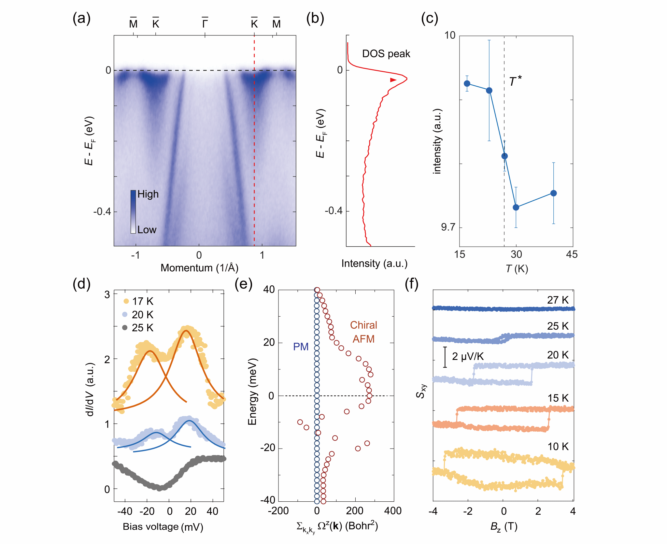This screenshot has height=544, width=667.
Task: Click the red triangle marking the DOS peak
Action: coord(393,80)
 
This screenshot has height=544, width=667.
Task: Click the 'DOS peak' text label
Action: coord(386,54)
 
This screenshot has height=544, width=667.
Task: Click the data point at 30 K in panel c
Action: coord(516,207)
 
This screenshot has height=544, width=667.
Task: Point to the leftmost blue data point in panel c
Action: coord(467,83)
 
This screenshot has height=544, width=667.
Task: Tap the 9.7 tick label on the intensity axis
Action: coord(448,227)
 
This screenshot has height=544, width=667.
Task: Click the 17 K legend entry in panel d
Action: coord(138,301)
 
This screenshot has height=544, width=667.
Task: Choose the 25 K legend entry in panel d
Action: coord(138,328)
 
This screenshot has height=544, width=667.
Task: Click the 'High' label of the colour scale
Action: coord(148,194)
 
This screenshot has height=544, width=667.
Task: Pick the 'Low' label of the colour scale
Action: coord(147,230)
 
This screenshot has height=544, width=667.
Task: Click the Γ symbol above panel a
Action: coord(205,23)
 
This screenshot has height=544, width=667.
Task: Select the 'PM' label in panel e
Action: coord(301,347)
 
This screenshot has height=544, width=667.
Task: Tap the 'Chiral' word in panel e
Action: coord(363,325)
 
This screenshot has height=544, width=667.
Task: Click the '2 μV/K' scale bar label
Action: coord(468,356)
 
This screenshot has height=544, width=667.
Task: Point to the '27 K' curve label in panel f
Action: coord(558,300)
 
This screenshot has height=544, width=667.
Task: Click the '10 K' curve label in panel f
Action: coord(558,447)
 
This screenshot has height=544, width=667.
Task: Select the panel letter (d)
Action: coord(81,284)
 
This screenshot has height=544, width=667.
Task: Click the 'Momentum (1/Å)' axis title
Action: coord(199,268)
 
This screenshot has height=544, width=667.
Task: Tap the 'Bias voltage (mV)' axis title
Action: coord(163,527)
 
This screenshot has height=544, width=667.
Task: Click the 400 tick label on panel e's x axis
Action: coord(393,511)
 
